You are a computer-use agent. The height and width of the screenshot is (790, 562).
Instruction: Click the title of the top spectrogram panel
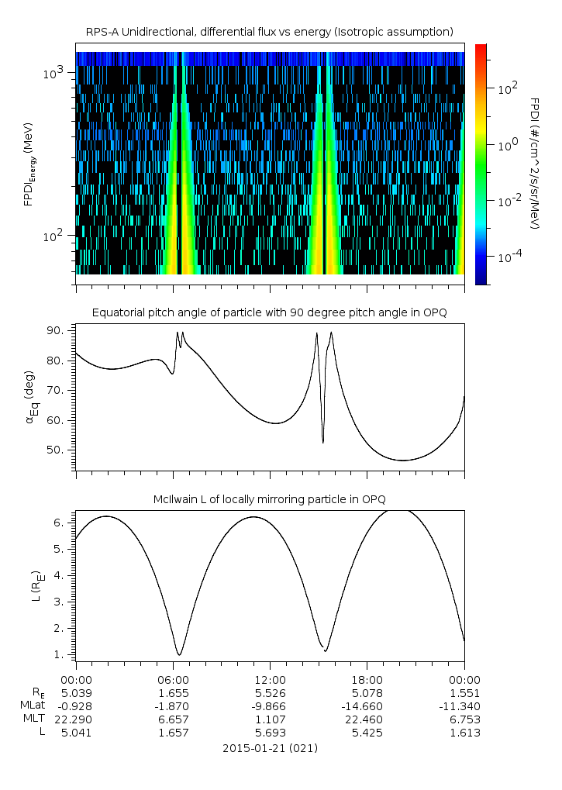(270, 31)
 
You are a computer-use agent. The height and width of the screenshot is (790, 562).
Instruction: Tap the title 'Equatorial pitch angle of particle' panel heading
(270, 312)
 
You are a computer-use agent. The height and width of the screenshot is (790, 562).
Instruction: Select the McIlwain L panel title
(270, 498)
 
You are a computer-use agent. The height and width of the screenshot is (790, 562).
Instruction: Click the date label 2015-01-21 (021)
(270, 748)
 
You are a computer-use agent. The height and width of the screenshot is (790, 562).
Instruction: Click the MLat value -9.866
(270, 705)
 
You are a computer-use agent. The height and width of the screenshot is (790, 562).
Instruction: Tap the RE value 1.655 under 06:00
(173, 692)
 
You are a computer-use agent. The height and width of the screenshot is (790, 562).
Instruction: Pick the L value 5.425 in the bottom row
(367, 733)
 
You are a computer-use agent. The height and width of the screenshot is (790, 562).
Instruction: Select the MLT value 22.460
(367, 719)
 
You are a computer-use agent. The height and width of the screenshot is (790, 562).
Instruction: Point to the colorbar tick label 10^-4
(508, 257)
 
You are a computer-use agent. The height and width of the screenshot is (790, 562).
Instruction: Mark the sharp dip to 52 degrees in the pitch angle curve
(323, 442)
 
